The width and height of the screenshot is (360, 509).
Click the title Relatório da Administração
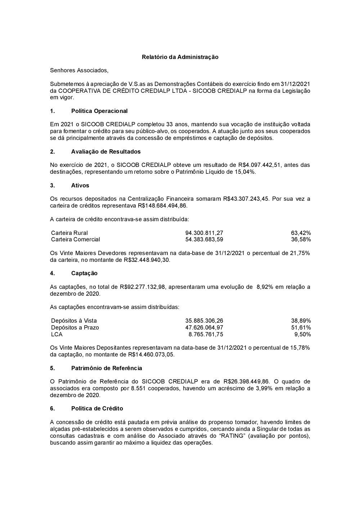point(180,57)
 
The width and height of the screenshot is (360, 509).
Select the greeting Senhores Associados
point(79,70)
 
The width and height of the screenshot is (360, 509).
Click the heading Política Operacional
point(99,111)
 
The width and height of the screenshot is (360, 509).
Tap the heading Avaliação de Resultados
point(106,151)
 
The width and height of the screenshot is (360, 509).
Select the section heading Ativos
point(80,185)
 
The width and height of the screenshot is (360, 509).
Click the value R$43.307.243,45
point(246,199)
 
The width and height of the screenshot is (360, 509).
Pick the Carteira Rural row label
point(69,233)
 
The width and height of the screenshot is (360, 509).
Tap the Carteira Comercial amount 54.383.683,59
point(204,240)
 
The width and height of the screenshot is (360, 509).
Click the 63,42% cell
point(301,233)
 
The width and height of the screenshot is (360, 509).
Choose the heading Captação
point(84,273)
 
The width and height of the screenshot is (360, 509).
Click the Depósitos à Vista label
point(74,321)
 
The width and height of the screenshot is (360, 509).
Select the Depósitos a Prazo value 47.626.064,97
point(204,327)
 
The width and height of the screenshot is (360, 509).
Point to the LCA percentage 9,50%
point(302,334)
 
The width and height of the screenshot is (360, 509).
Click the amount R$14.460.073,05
point(151,355)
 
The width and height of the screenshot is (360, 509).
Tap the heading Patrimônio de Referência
point(107,368)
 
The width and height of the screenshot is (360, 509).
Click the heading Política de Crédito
point(97,409)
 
